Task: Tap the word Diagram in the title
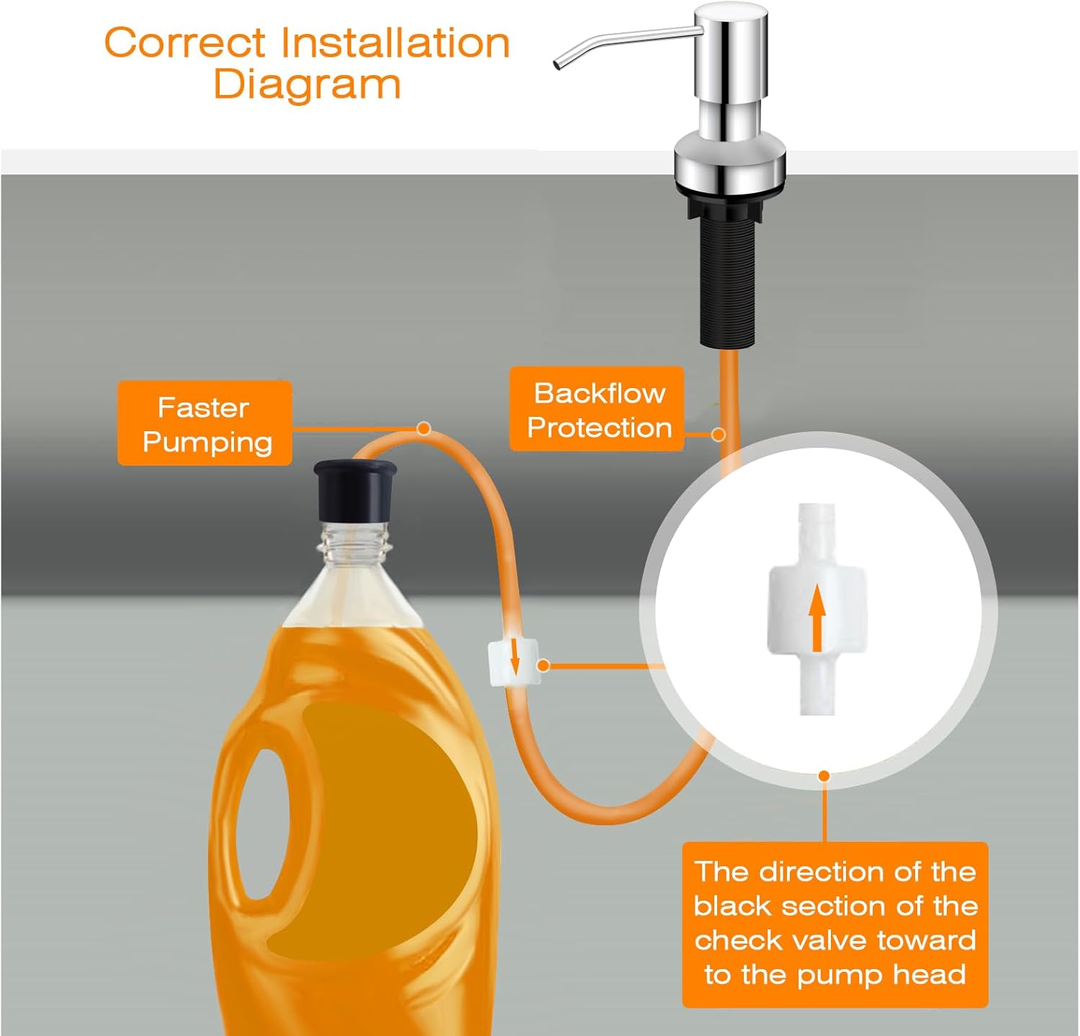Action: [x=307, y=84]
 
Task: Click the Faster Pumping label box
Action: [x=205, y=423]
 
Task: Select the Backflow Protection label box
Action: [x=597, y=409]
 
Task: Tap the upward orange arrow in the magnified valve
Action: [x=816, y=617]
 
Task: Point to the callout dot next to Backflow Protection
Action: [x=718, y=434]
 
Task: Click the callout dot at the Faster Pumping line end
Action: [x=424, y=429]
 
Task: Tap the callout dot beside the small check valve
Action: [x=544, y=666]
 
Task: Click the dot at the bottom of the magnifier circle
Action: [x=824, y=776]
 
